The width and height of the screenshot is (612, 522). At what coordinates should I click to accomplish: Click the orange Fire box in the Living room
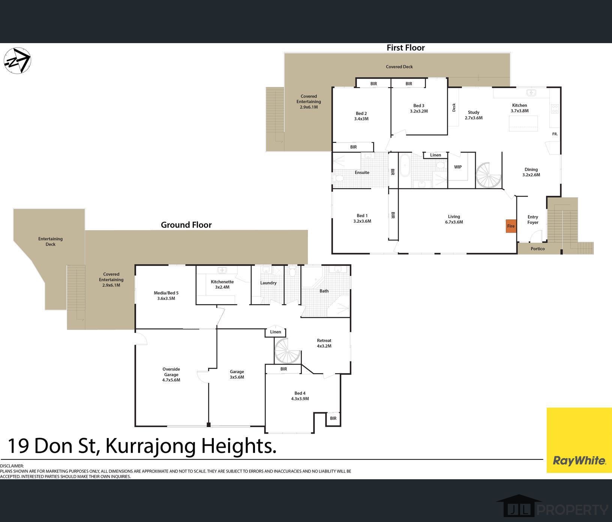coord(511,226)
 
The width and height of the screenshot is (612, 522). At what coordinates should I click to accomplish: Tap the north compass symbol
coord(17,61)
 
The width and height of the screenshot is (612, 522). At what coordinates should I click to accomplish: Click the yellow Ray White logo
coord(579,440)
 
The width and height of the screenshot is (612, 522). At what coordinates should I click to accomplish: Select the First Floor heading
coord(406,48)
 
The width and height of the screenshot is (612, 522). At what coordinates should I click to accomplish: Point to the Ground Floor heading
coord(186,225)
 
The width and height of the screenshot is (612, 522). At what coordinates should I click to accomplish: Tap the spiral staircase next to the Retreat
coord(287,350)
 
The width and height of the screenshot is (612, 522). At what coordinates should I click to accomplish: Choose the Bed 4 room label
coord(300,396)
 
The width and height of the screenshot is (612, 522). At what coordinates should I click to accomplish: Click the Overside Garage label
coord(171,374)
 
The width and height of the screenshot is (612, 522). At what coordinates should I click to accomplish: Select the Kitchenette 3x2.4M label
coord(222,284)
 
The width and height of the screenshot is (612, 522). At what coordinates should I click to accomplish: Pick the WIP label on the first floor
coord(458,167)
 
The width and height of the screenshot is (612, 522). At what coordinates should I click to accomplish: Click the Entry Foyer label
coord(533,219)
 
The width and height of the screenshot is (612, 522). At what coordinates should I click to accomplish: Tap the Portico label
coord(538,249)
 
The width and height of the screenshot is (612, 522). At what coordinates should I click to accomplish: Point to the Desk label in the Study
coord(454,108)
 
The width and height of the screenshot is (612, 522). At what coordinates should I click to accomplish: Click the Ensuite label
coord(362,172)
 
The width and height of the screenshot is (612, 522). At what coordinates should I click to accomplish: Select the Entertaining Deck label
coord(50,241)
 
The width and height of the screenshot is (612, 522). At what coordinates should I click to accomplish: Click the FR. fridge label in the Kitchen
coord(555,134)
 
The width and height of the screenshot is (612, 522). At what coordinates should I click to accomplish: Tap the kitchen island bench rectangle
coord(523,124)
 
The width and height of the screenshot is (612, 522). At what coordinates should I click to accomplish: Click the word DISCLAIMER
coord(12,466)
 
